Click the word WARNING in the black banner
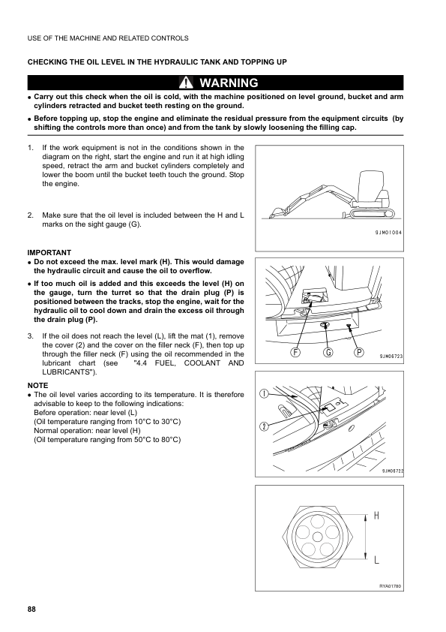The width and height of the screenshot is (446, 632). coord(229,83)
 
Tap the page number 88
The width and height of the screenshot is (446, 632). coord(31,607)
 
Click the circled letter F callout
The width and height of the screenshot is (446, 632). coord(296,352)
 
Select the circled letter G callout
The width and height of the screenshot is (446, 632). coord(328,352)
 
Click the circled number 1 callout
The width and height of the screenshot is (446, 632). coord(265,394)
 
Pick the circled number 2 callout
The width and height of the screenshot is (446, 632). coord(265,426)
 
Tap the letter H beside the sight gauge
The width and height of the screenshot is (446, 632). coord(376,517)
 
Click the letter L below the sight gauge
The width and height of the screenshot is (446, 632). coord(376,559)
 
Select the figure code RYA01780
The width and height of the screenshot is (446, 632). coord(390,585)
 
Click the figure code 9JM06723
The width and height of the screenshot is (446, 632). coord(390,355)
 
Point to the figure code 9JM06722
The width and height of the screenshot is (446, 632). coord(391,471)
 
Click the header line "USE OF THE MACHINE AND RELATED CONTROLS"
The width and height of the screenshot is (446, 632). coord(107,38)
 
